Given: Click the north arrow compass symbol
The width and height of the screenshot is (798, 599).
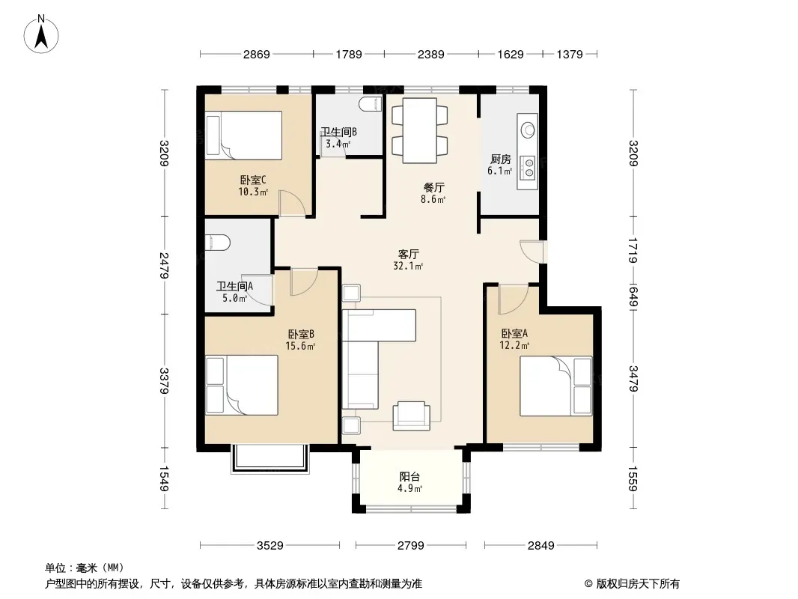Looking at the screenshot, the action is [x=41, y=34].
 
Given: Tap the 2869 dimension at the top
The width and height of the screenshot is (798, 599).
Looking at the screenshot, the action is [x=257, y=54].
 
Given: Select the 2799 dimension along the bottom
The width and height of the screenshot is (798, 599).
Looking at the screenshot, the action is [x=411, y=545].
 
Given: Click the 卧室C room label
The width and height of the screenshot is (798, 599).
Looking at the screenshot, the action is [x=253, y=180].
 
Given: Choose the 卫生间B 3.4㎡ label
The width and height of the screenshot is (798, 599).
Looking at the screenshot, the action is [x=338, y=138].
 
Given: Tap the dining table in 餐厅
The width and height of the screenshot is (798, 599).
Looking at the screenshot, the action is [x=420, y=131].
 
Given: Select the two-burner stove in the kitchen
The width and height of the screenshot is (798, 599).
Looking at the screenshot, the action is [x=529, y=168].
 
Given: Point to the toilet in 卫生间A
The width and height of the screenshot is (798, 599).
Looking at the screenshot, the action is [x=217, y=243].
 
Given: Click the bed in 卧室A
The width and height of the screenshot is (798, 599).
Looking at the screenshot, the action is [x=555, y=386].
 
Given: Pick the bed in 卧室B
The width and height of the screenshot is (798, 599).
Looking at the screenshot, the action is [x=242, y=385].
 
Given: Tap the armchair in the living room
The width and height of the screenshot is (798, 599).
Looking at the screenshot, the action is [x=411, y=416].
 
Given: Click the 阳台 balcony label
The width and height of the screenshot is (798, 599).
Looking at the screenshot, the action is [x=409, y=477].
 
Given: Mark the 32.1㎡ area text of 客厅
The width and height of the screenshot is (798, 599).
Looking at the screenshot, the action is [x=408, y=266].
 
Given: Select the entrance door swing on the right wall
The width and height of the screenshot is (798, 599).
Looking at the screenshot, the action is [x=532, y=252].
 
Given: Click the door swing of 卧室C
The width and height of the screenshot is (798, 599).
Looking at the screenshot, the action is [x=292, y=203].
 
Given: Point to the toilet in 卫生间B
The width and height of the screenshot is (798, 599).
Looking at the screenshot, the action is [x=371, y=104].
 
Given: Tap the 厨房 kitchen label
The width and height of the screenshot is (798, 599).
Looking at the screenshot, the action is [x=501, y=159].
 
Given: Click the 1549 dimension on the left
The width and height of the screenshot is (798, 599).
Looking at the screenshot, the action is [x=164, y=479].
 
